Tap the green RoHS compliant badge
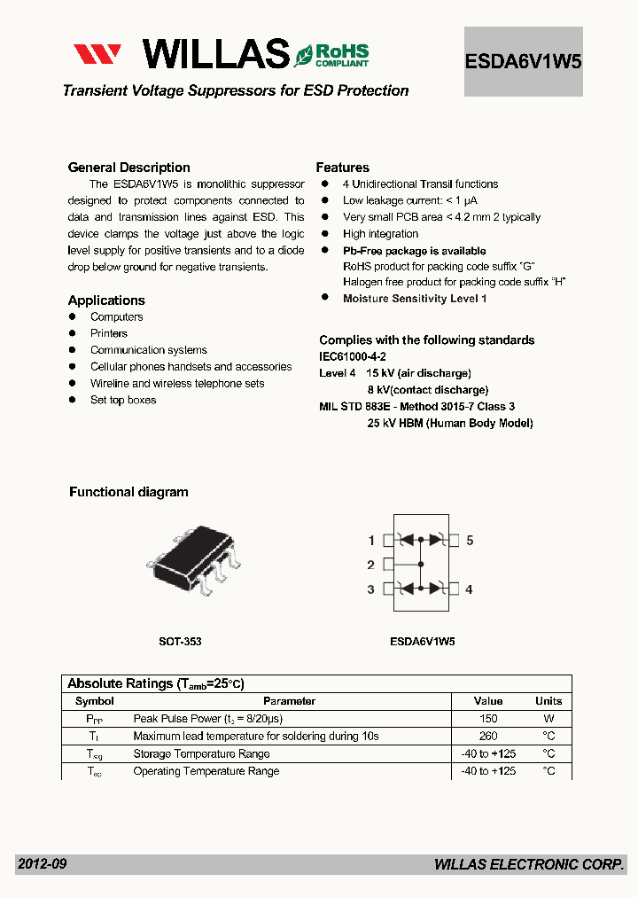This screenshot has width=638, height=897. (x=332, y=54)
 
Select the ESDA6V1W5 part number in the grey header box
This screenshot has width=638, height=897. (x=523, y=62)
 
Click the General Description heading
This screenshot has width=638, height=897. (x=129, y=168)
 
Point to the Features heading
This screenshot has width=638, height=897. (x=343, y=168)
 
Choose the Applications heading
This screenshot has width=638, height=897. (x=106, y=300)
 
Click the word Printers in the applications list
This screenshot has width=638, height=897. (x=109, y=333)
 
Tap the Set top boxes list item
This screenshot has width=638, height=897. (x=123, y=400)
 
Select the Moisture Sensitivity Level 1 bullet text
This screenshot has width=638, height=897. (x=415, y=299)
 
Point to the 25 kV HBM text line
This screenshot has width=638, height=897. (x=450, y=423)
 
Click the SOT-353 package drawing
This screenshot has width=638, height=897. (x=194, y=559)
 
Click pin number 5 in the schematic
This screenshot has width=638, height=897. (x=470, y=540)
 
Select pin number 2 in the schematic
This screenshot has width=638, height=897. (x=370, y=565)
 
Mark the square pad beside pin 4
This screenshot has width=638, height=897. (x=454, y=589)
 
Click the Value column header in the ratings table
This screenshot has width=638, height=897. (x=488, y=701)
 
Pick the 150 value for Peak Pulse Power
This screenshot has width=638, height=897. (x=488, y=719)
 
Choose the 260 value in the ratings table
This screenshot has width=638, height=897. (x=488, y=736)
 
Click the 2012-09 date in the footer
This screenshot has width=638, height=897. (x=42, y=864)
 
